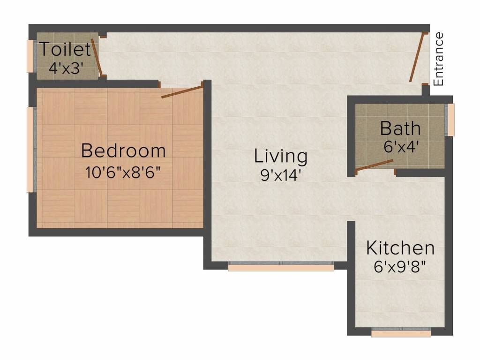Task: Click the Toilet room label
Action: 65,49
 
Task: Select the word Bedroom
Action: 123,151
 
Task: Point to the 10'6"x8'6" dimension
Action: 123,172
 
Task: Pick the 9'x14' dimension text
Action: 281,176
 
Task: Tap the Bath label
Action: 400,128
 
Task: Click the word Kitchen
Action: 400,248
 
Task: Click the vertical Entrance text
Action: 438,59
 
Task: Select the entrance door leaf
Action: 418,57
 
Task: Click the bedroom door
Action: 182,91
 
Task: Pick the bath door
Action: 374,165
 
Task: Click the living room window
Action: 281,267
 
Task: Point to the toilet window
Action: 30,56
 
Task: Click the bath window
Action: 451,120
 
